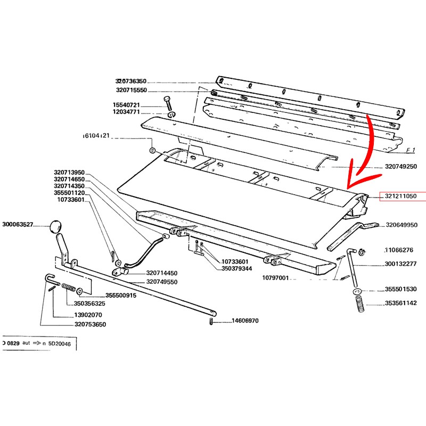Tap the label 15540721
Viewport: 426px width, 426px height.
[126, 105]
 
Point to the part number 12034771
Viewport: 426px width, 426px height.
[126, 112]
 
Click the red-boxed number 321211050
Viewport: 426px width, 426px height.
[402, 196]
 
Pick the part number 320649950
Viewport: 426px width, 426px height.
[402, 225]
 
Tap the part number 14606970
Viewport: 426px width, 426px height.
[244, 321]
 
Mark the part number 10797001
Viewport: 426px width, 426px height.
[275, 278]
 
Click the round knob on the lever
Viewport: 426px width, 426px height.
[54, 226]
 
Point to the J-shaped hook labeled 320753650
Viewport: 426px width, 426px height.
[50, 279]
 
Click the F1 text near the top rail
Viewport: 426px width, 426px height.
[410, 150]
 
